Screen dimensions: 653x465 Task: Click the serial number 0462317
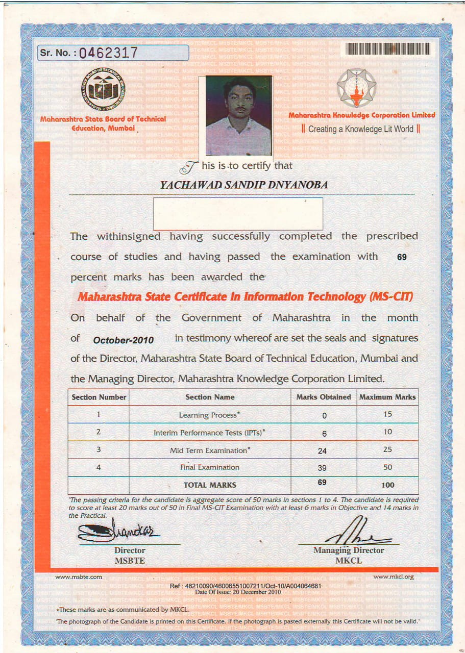[x=108, y=53]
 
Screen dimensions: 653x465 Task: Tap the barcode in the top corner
[x=388, y=48]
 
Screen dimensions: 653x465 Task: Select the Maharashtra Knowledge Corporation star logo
[x=356, y=88]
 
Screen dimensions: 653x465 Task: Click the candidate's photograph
[x=238, y=116]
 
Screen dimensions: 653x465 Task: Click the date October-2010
[x=124, y=340]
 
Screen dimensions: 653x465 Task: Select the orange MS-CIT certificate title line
[x=245, y=296]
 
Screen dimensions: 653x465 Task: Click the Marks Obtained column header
[x=324, y=397]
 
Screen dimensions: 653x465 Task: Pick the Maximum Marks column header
[x=387, y=397]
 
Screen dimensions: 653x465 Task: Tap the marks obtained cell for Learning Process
[x=324, y=416]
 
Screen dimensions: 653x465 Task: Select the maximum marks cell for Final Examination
[x=388, y=467]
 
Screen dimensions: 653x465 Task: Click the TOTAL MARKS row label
[x=210, y=485]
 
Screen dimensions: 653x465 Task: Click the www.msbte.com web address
[x=79, y=577]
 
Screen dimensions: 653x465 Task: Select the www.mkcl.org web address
[x=394, y=577]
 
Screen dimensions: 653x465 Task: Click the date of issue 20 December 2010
[x=238, y=592]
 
